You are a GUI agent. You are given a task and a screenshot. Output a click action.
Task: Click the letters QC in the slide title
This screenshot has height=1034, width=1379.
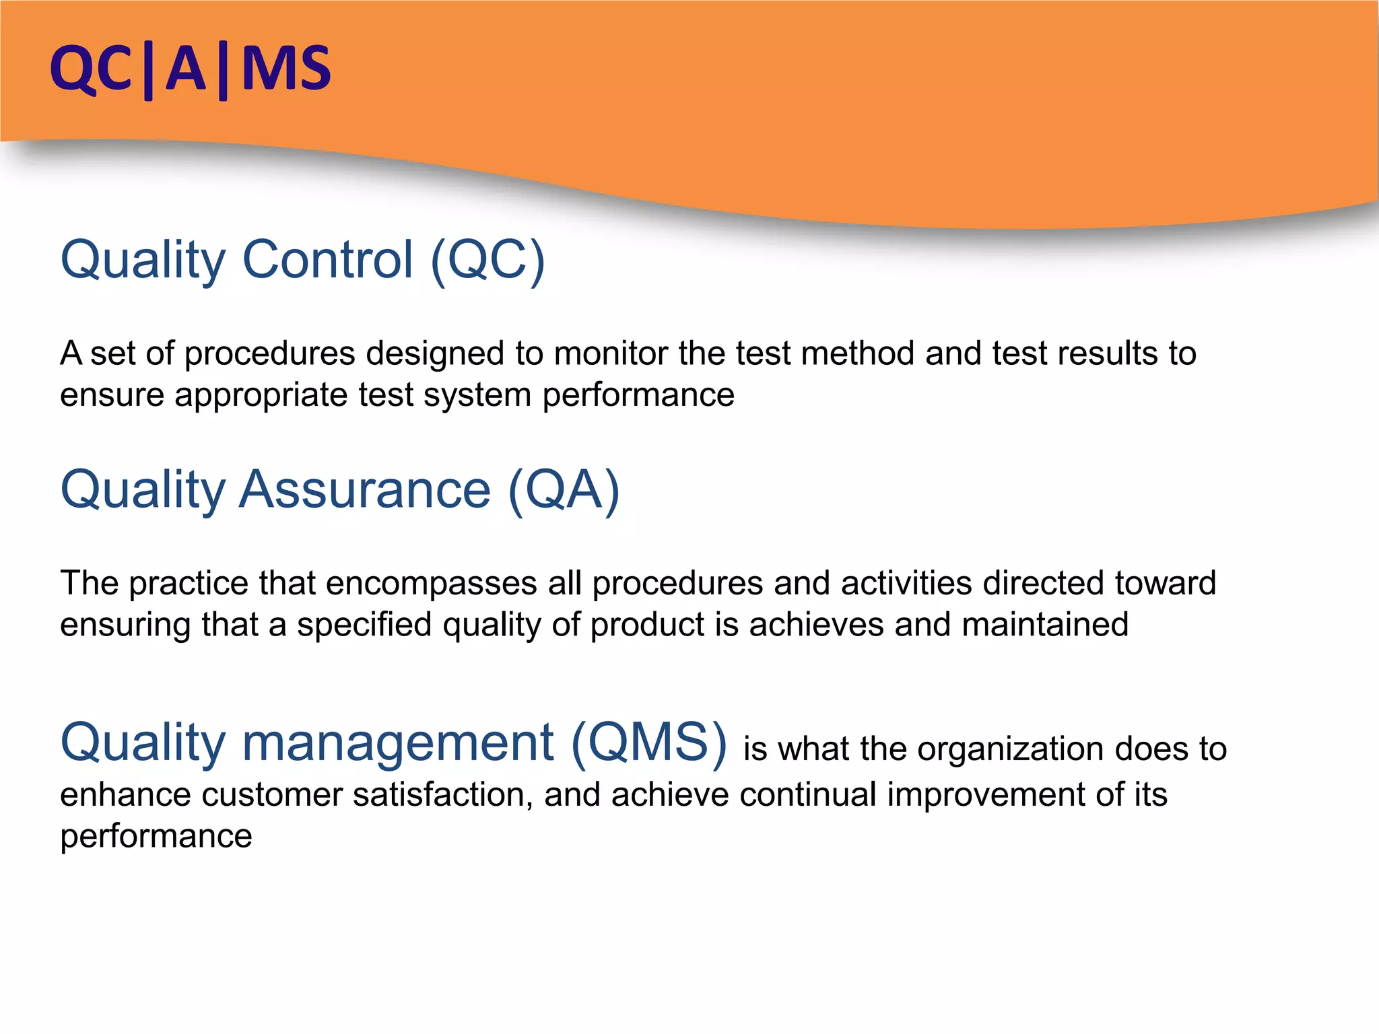coord(90,69)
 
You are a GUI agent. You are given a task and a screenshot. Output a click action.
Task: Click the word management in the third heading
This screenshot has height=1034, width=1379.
coord(397,743)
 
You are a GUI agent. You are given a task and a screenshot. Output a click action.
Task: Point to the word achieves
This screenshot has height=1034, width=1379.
coord(816,624)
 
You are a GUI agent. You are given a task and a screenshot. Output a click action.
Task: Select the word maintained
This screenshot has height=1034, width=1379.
coord(1045,624)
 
